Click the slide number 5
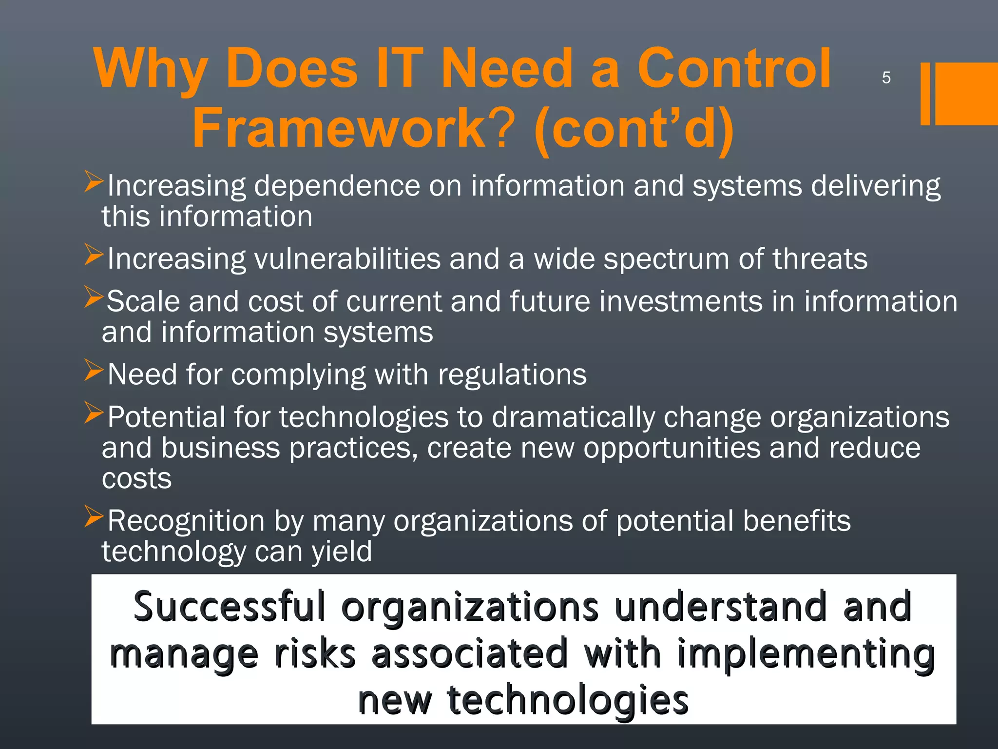coord(886,78)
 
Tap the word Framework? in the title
coord(353,128)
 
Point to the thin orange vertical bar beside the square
coord(925,94)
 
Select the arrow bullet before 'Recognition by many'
coord(94,516)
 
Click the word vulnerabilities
coord(347,258)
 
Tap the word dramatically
coord(573,417)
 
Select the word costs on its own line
coord(136,479)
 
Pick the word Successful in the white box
coord(229,607)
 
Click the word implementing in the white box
coord(806,654)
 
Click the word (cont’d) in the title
coord(633,129)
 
